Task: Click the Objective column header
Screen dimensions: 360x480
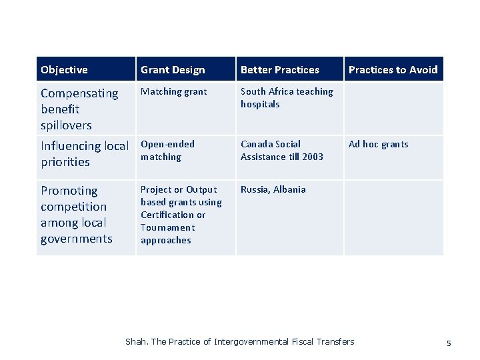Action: click(x=64, y=69)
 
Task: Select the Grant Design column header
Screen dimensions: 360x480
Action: click(x=173, y=69)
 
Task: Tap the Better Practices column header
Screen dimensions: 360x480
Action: click(x=279, y=69)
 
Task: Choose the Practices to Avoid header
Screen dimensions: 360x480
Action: click(x=393, y=69)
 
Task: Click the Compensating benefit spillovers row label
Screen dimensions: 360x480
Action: click(x=79, y=109)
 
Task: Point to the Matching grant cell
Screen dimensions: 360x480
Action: click(x=173, y=91)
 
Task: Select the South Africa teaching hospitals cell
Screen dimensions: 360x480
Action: click(x=287, y=97)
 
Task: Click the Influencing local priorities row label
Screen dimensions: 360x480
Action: click(x=84, y=153)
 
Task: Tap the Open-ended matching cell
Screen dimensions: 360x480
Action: click(x=167, y=150)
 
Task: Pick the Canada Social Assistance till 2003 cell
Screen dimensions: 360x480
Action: click(x=281, y=150)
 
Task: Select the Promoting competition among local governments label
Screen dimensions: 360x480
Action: click(x=76, y=214)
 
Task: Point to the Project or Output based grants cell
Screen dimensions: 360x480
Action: click(x=181, y=215)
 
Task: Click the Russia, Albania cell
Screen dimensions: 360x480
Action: click(x=273, y=189)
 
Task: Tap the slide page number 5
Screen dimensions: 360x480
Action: click(x=449, y=343)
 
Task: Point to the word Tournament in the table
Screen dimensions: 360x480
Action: click(x=167, y=227)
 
